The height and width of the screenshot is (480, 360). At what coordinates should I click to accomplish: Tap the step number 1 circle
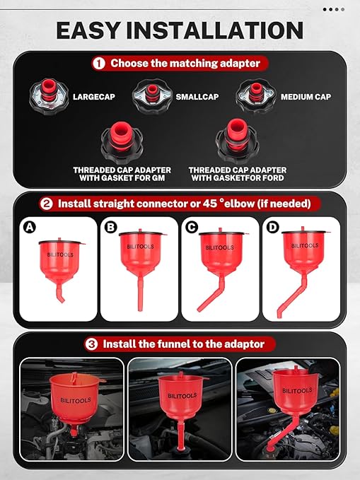99,63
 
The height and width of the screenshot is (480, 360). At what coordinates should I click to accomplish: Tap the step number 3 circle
92,344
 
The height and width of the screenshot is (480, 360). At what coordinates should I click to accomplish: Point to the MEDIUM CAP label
305,96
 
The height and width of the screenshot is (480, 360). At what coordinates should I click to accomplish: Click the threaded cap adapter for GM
122,141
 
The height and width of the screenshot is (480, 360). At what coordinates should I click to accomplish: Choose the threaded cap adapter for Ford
237,141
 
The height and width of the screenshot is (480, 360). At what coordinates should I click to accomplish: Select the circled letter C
191,227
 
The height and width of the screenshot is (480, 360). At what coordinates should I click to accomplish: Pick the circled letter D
273,227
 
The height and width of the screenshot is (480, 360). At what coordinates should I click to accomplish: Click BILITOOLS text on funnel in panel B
138,248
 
